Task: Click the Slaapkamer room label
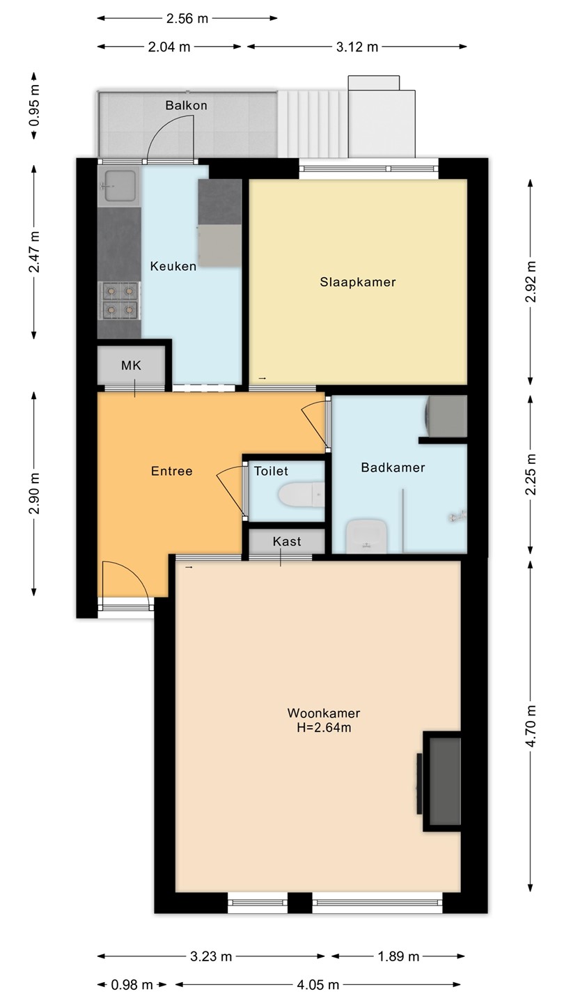pos(358,282)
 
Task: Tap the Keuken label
pos(173,266)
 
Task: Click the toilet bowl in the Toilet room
pos(301,495)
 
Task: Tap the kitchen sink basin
pos(120,185)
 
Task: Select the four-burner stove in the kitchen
pos(120,300)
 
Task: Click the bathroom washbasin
pos(366,536)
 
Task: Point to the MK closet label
pos(131,366)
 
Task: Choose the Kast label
pos(287,541)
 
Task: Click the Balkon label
pos(186,106)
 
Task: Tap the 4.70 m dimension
pos(531,726)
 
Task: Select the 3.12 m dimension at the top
pos(357,47)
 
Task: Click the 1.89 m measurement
pos(398,957)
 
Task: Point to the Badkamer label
pos(393,468)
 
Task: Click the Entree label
pos(172,471)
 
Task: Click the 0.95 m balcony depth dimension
pos(34,106)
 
